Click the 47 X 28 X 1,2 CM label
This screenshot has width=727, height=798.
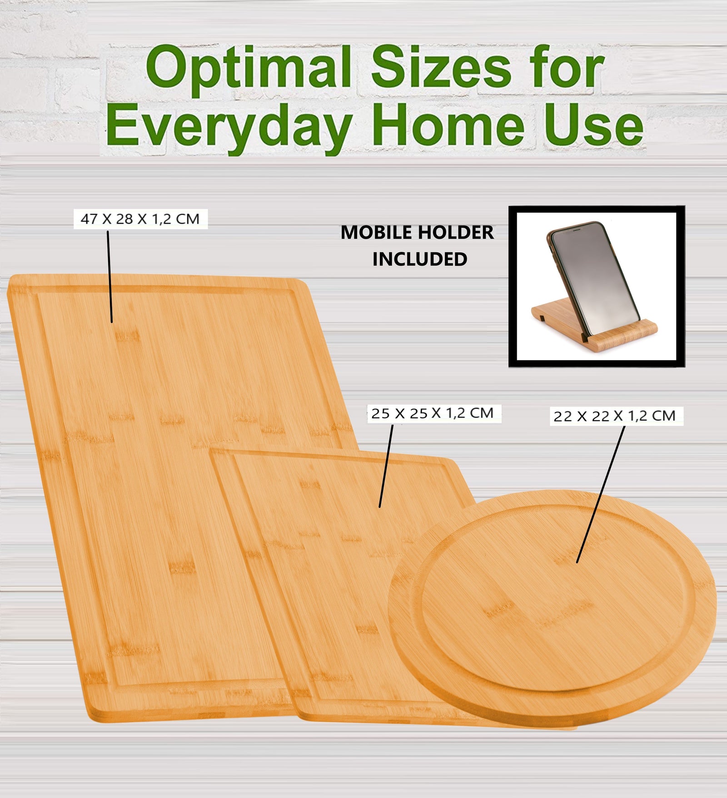[140, 219]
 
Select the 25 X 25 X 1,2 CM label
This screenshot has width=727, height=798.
[432, 413]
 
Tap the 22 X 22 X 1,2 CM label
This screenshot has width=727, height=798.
[614, 416]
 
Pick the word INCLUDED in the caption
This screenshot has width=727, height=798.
[420, 259]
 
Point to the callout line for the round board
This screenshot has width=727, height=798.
[600, 496]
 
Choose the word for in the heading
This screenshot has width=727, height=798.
[568, 68]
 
